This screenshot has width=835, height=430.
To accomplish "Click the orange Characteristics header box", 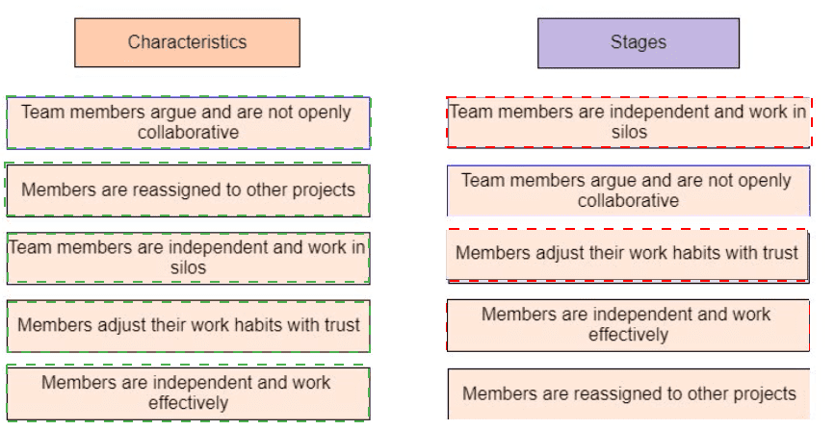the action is pyautogui.click(x=187, y=42).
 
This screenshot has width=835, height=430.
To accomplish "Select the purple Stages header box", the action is pyautogui.click(x=639, y=43).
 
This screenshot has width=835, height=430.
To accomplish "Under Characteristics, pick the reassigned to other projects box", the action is pyautogui.click(x=188, y=190).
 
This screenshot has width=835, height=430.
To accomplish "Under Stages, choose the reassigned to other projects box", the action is pyautogui.click(x=629, y=393).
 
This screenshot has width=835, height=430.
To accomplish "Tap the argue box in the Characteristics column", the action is pyautogui.click(x=188, y=122).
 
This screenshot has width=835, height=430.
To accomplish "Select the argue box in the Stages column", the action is pyautogui.click(x=629, y=190).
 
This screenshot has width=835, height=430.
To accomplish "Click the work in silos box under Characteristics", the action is pyautogui.click(x=188, y=258).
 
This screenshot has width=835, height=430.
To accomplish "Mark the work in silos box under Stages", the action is pyautogui.click(x=629, y=122).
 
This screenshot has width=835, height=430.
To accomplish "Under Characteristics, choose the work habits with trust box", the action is pyautogui.click(x=188, y=326).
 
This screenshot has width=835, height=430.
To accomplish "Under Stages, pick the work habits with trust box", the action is pyautogui.click(x=628, y=255).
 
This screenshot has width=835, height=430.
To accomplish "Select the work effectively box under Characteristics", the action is pyautogui.click(x=188, y=393).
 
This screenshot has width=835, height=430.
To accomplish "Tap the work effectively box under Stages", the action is pyautogui.click(x=628, y=325).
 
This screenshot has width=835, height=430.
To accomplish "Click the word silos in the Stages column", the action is pyautogui.click(x=629, y=132).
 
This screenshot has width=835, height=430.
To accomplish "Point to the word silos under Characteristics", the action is pyautogui.click(x=188, y=267).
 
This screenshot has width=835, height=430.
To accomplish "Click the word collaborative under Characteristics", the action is pyautogui.click(x=188, y=132).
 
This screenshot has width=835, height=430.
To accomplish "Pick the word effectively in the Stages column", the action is pyautogui.click(x=628, y=335).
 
